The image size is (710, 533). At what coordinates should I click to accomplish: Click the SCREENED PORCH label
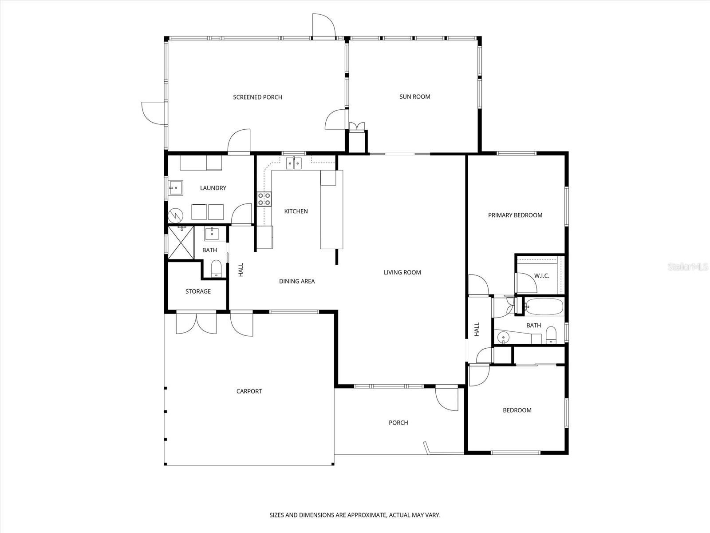coord(257,97)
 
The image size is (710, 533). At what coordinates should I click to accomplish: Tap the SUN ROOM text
coord(414,96)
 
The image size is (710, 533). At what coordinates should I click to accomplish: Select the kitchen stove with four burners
coord(264,199)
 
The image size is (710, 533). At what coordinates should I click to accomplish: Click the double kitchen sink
coord(294,163)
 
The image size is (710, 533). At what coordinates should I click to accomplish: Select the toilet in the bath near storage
coord(216,268)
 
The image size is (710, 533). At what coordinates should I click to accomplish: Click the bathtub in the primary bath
coord(544,306)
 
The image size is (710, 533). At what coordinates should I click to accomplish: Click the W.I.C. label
coord(541,276)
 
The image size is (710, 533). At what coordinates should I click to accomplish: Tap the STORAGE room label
coord(198,291)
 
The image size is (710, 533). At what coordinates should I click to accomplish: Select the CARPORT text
coord(249,391)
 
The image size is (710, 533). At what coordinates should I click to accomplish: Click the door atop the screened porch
coord(323,26)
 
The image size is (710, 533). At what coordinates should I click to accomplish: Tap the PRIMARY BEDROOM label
coord(515,215)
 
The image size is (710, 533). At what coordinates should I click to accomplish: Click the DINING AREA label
coord(297,281)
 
